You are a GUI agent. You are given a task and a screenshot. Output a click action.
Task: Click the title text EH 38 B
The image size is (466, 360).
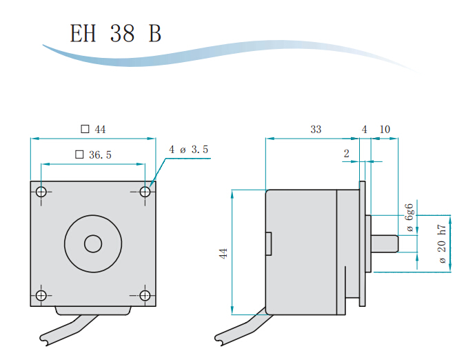115,33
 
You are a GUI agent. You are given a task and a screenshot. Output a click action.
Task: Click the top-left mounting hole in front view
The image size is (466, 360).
41,192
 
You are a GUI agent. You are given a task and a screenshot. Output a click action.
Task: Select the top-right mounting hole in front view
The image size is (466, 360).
145,192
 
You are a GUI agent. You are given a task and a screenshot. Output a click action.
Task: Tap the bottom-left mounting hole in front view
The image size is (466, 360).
41,295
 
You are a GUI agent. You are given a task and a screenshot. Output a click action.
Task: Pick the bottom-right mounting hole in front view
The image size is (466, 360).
145,295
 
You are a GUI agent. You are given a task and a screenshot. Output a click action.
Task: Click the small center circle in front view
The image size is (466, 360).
93,243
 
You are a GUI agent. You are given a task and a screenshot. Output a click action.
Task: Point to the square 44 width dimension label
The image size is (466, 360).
93,130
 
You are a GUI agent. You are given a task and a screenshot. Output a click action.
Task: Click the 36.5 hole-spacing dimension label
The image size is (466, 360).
93,154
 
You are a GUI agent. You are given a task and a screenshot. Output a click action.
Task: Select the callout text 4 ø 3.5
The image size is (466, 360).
188,149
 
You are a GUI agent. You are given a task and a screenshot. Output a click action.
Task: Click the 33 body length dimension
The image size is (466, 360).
316,130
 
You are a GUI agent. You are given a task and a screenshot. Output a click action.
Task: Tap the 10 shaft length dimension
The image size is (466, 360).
385,130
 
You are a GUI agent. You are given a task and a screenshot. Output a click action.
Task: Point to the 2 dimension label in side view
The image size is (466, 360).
347,153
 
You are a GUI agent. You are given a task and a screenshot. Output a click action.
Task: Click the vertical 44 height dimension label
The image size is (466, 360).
223,253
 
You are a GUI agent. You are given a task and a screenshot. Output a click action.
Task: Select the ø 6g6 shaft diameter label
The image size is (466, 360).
410,218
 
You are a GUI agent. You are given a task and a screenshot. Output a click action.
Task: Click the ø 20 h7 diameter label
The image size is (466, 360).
442,243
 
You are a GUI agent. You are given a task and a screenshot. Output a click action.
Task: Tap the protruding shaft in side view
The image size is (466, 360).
385,243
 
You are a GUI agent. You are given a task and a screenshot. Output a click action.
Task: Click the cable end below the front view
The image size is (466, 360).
43,339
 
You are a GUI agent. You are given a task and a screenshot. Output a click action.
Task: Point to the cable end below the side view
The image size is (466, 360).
219,339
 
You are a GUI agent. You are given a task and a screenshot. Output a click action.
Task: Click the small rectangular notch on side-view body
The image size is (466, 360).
268,243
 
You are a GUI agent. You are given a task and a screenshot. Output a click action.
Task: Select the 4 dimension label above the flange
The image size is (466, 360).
365,130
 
